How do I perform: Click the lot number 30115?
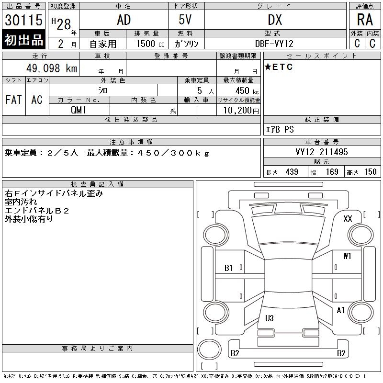(23, 20)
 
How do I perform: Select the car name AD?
(124, 20)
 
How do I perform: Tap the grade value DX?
(275, 20)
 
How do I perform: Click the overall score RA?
(365, 20)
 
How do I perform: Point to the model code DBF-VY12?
(274, 44)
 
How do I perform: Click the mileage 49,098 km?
(52, 68)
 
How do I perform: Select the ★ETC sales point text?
(279, 67)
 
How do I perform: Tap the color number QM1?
(79, 110)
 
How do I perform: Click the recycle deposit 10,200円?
(241, 111)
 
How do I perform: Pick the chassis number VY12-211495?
(321, 152)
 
